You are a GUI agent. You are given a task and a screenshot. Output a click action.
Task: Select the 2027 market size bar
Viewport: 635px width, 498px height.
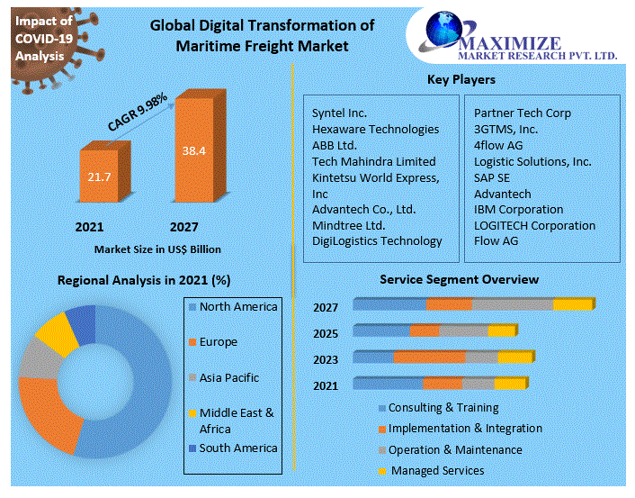click(193, 151)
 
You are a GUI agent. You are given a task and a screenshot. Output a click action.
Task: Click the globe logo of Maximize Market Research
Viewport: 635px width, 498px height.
click(443, 32)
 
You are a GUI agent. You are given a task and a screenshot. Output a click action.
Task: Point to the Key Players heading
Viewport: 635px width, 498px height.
click(461, 80)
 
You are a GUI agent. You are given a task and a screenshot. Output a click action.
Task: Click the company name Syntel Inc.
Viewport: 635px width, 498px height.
click(339, 113)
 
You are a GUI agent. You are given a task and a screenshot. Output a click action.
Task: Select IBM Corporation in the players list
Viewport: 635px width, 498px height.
click(518, 210)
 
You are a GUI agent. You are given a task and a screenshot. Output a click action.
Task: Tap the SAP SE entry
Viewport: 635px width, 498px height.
click(492, 177)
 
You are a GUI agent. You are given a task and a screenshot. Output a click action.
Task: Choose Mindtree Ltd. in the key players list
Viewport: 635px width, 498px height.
click(348, 225)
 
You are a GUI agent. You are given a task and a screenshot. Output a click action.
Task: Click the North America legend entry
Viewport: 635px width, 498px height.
click(237, 307)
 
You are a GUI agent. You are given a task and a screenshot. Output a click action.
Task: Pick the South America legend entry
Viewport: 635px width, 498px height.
click(237, 448)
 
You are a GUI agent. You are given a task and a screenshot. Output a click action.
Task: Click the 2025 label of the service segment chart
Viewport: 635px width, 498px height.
click(326, 334)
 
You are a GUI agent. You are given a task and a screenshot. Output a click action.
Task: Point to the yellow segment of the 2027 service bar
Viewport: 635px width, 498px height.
click(572, 304)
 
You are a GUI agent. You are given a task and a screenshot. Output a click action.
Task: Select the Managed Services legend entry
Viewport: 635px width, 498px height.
click(437, 471)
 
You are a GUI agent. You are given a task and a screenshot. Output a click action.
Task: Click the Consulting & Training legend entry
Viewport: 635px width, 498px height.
click(443, 408)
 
